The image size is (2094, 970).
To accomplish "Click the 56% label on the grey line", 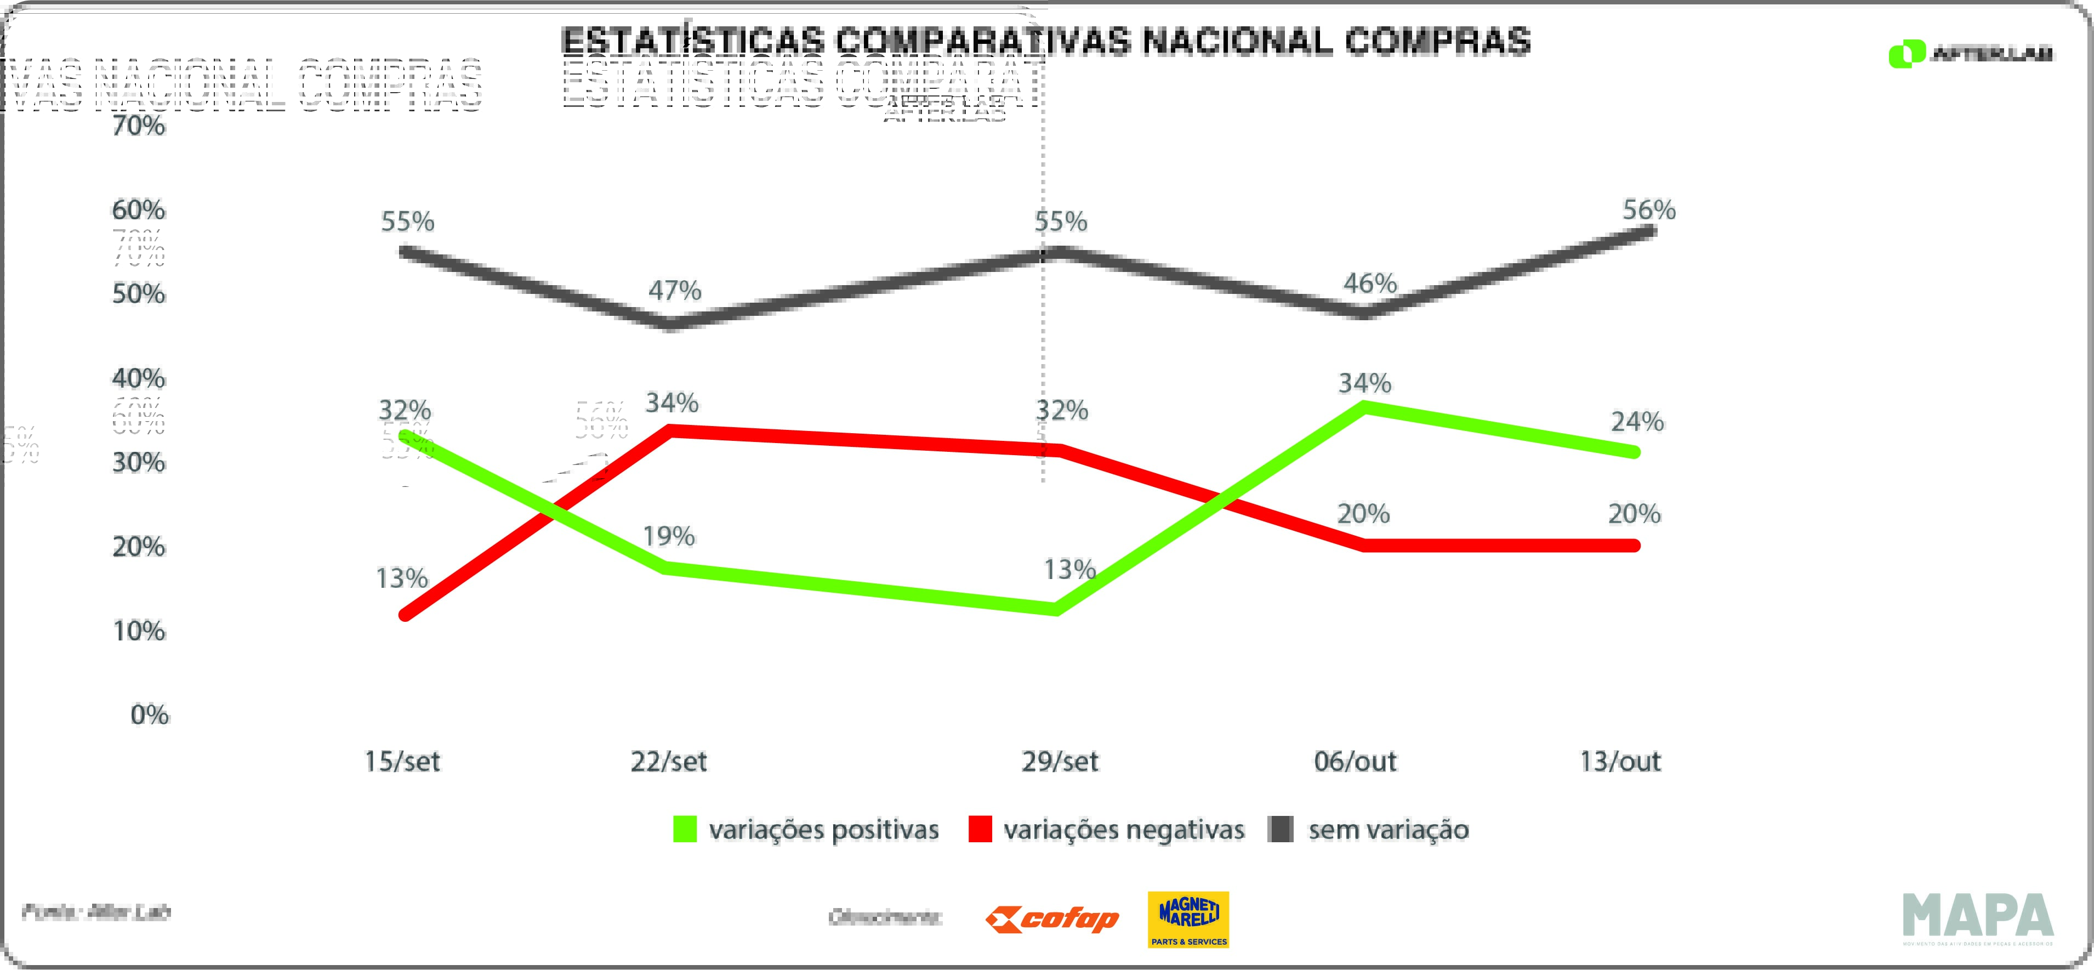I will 1648,211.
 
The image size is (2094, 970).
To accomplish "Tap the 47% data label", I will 674,290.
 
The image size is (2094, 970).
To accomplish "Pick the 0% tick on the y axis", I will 150,714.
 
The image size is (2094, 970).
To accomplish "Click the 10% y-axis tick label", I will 139,631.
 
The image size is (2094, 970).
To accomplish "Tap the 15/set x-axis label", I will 402,762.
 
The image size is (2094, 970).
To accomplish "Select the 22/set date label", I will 668,762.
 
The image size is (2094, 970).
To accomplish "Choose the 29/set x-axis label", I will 1059,762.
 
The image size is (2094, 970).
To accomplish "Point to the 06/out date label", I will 1355,762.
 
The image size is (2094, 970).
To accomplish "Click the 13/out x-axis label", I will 1619,762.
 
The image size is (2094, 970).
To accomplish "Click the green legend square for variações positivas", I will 685,829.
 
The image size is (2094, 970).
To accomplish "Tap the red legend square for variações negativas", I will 980,829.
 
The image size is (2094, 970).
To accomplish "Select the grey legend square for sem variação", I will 1281,829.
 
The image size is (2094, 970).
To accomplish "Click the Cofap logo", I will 1052,920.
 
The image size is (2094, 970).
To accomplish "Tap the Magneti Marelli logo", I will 1188,920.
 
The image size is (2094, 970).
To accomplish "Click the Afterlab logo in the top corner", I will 1971,54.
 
